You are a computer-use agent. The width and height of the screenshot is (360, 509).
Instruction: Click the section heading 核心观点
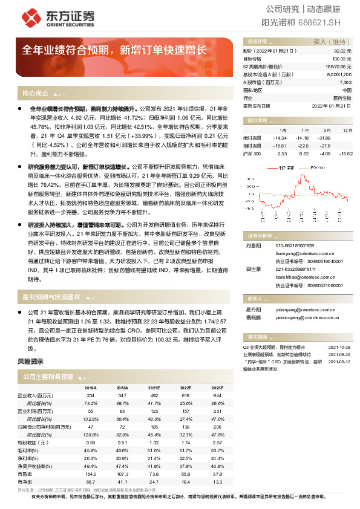pos(36,94)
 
